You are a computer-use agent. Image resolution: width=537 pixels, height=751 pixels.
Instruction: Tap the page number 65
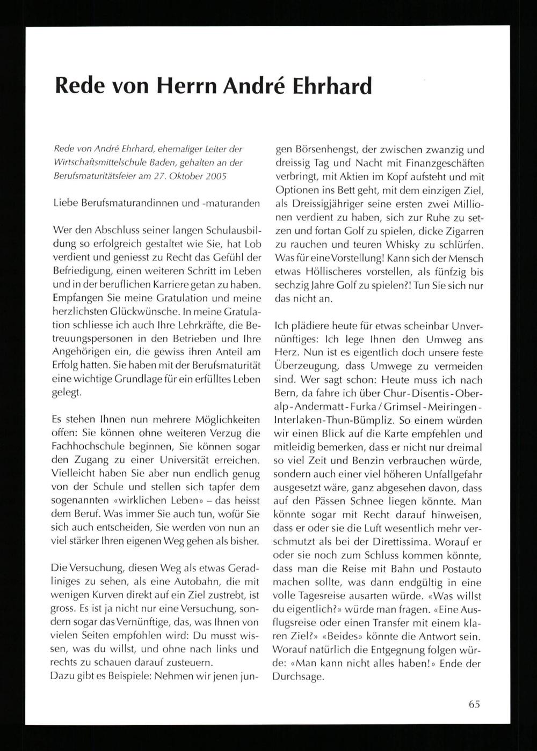(x=474, y=704)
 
